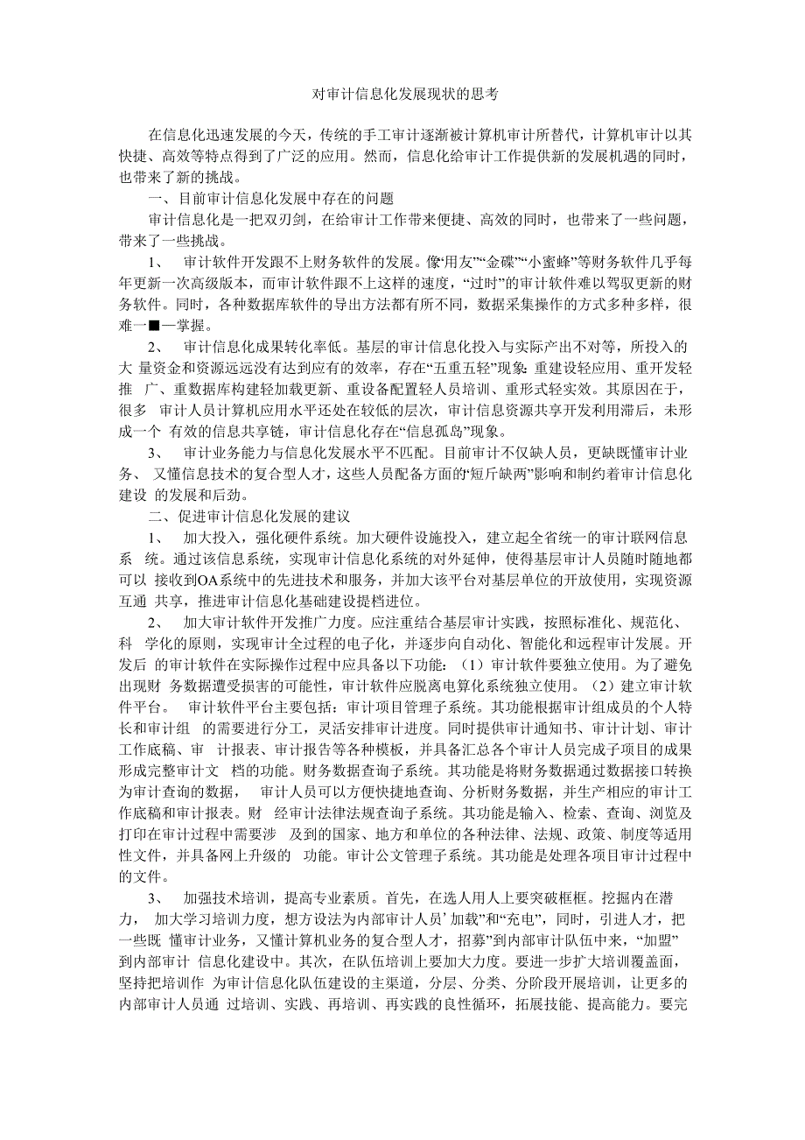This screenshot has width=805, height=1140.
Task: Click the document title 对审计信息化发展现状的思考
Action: [403, 94]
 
